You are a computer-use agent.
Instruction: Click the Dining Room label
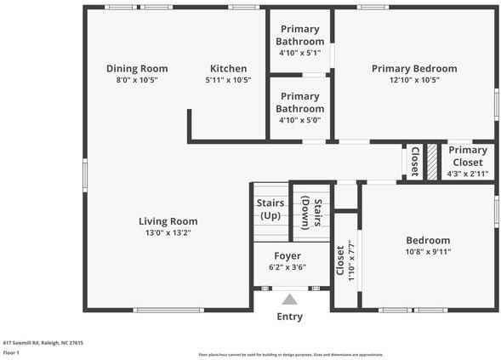137,68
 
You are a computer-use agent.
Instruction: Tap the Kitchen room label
229,68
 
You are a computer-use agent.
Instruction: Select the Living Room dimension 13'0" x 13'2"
168,232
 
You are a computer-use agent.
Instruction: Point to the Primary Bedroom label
414,68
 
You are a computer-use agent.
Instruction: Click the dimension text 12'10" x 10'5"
414,80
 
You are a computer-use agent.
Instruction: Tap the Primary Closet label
465,156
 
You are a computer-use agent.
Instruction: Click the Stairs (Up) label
270,209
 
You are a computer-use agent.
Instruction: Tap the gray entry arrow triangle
289,299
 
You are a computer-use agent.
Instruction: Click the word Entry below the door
289,317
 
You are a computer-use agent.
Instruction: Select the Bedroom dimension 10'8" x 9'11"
427,252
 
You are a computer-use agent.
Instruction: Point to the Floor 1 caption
11,351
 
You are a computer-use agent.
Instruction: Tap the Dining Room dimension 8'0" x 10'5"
137,80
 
